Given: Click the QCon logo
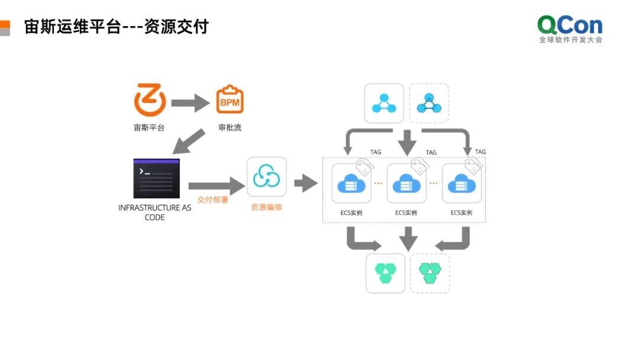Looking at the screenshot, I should pos(570,29).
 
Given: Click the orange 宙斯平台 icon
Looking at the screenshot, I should pos(150,100).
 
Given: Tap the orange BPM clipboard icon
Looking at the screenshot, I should pos(230,100).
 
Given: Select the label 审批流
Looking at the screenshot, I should pos(230,127).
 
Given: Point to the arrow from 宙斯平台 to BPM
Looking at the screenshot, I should pos(190,103).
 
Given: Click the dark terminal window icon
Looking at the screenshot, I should pos(156,178).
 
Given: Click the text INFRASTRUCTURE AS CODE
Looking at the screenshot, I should pos(154,213).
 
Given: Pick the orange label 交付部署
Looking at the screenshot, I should pos(213,200).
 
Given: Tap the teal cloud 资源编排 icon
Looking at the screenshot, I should pos(266,176).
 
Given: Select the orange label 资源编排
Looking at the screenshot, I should pos(266,208).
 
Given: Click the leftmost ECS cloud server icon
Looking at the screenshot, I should pos(351,184).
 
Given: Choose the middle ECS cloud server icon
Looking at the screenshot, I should pos(406,184).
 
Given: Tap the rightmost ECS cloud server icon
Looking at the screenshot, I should pos(461,184).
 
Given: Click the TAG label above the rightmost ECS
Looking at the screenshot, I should pos(480,152).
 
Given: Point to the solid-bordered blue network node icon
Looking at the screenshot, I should pos(384,103).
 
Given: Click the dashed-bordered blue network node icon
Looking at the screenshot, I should pos(429,103).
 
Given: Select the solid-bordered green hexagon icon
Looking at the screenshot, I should pos(385,273).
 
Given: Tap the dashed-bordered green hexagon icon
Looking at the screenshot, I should pos(430,273).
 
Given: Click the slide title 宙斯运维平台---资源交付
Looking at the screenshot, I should pos(117,27).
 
